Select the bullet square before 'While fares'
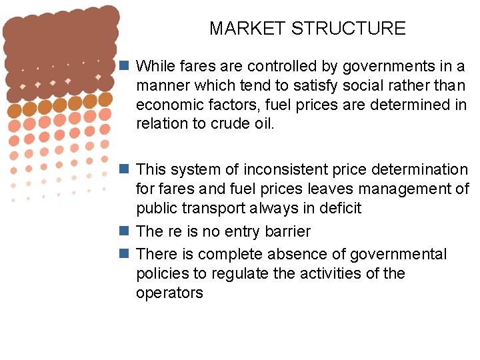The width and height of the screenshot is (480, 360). click(124, 66)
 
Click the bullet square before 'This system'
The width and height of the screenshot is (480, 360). click(124, 170)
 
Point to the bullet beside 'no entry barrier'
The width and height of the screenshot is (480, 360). click(124, 231)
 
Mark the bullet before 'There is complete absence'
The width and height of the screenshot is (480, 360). click(124, 254)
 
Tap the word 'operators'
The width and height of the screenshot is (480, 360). click(169, 293)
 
